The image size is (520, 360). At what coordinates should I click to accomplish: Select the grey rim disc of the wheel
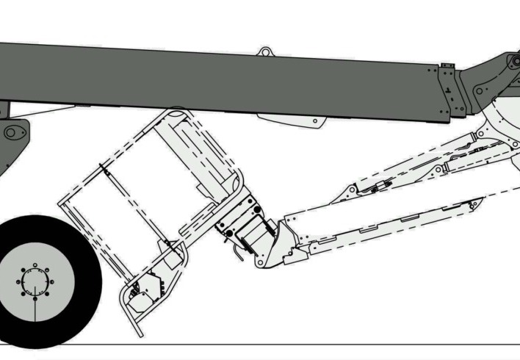pos(55,294)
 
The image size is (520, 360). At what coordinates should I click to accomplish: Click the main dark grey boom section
pos(220,81)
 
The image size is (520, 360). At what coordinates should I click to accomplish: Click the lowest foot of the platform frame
pos(137,333)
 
